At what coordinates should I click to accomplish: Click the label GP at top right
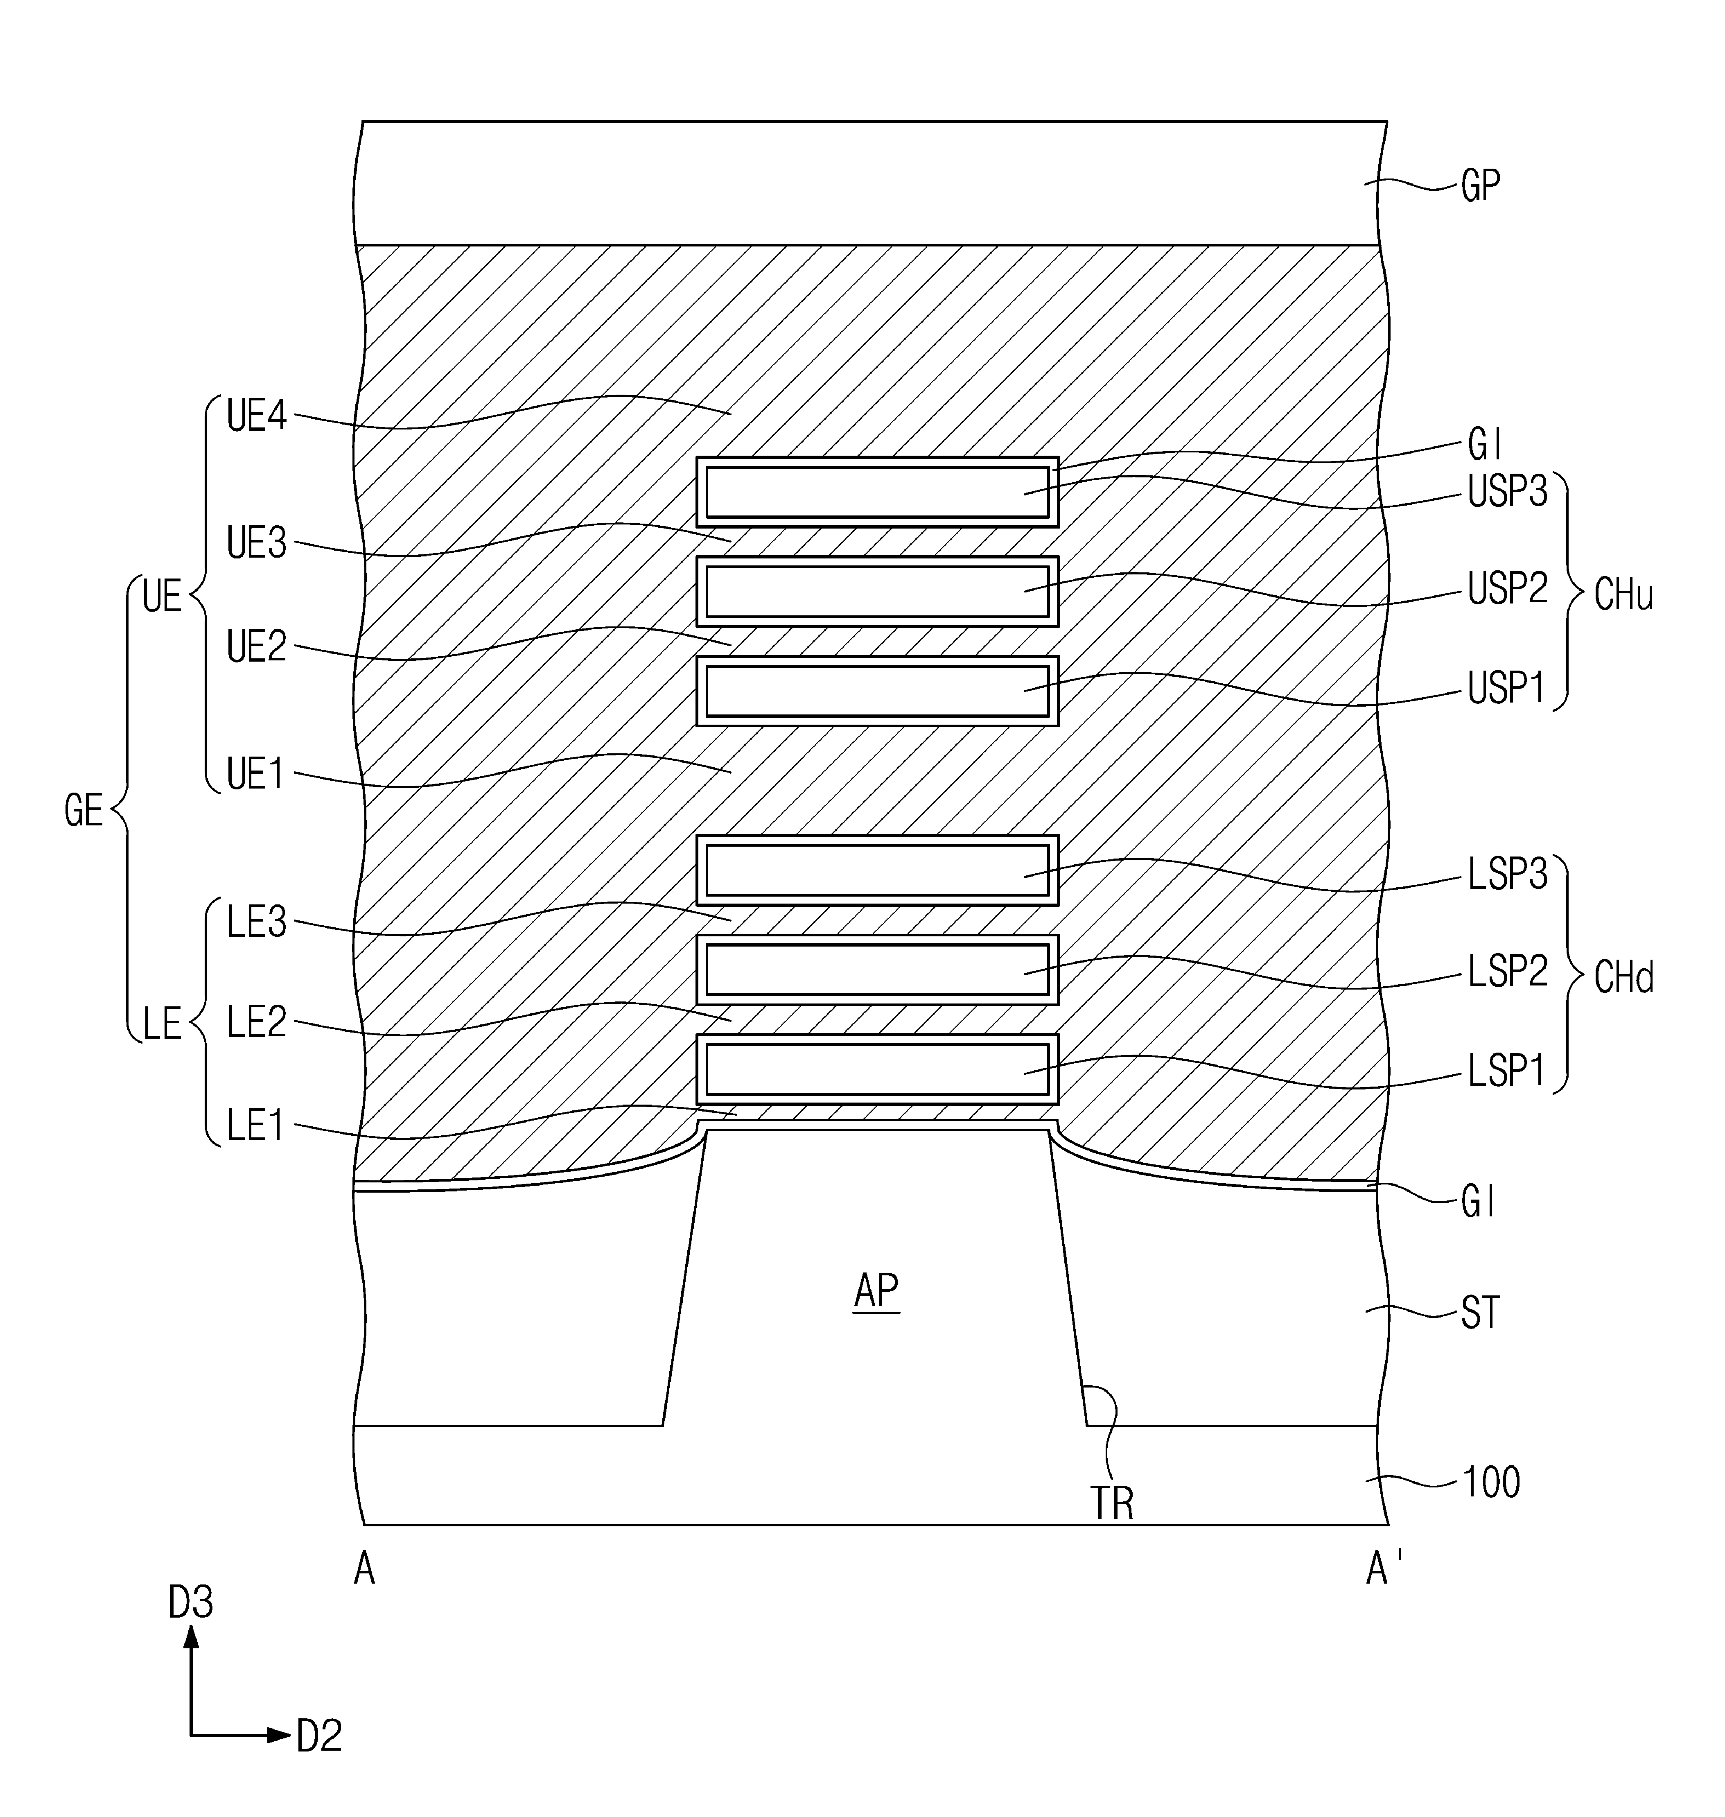(x=1480, y=187)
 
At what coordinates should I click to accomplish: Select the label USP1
(x=1506, y=688)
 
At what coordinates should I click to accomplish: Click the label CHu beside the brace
(x=1623, y=596)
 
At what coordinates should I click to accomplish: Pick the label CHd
(x=1623, y=977)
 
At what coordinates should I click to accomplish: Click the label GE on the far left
(x=84, y=811)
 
